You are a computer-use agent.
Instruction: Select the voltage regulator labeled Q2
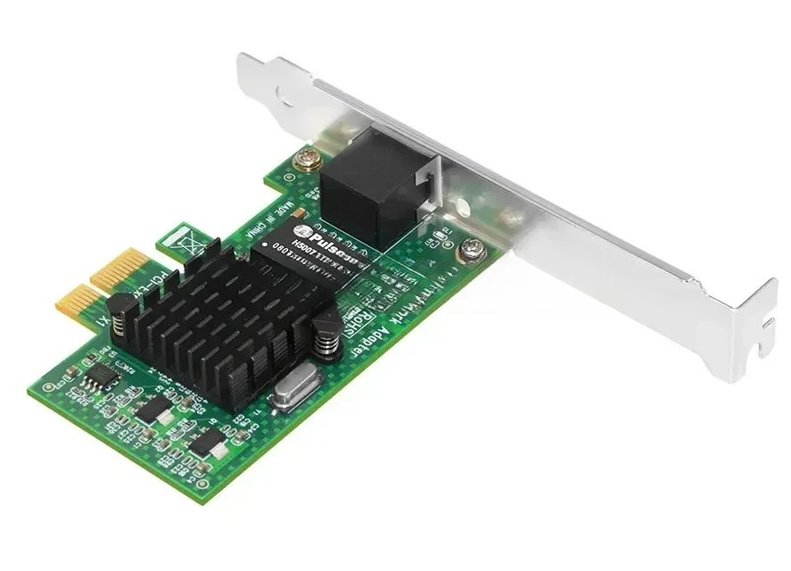click(x=155, y=409)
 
